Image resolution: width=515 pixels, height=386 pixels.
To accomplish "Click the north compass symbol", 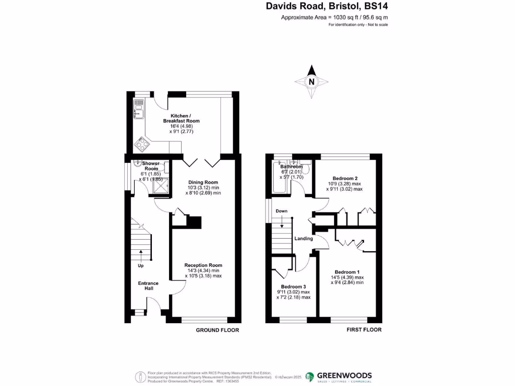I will click(312, 82).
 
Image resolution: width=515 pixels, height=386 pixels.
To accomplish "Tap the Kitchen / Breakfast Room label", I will click(181, 118).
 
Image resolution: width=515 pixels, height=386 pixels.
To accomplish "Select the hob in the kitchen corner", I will click(141, 145).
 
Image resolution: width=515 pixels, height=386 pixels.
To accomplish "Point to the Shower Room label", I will click(150, 166).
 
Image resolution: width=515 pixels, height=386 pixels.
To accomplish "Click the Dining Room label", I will click(203, 182).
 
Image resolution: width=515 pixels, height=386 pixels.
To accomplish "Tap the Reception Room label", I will click(203, 265).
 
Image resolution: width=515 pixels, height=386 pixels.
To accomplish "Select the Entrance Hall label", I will click(148, 286).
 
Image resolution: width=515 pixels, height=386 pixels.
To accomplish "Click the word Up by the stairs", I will click(141, 265).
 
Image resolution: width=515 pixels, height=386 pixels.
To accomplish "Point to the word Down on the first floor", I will click(282, 211).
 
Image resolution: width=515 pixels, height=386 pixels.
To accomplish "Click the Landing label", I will click(304, 239).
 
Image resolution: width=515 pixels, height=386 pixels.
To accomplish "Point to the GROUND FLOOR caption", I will click(217, 330).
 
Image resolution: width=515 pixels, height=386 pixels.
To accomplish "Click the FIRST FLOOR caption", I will click(364, 330).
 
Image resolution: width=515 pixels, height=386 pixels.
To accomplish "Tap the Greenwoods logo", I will click(339, 376).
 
